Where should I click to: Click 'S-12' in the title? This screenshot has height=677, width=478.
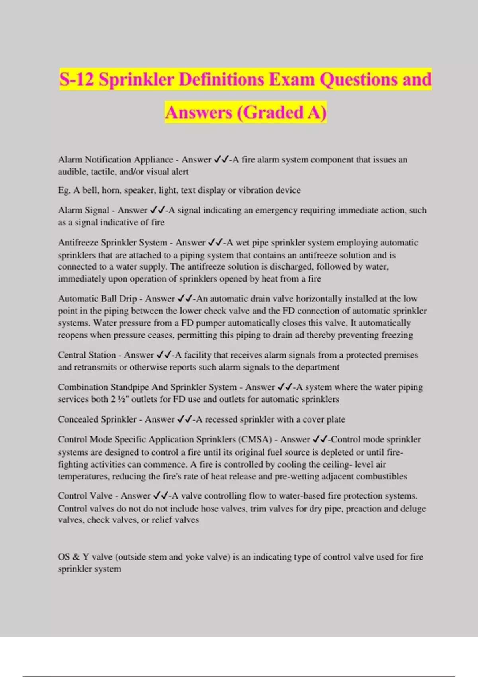coord(76,79)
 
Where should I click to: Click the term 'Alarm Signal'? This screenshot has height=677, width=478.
coord(83,210)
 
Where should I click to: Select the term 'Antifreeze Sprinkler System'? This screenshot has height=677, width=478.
coord(112,243)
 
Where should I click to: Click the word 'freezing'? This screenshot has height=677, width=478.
coord(397,335)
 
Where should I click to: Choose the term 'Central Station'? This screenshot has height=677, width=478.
coord(86,355)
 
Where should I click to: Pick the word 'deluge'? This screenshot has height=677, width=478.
coord(414,509)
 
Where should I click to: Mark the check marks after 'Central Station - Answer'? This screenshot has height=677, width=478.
coord(164,355)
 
